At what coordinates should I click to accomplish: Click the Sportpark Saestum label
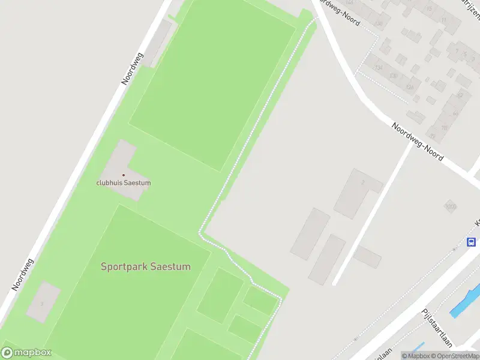146,266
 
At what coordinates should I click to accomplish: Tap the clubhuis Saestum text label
124,182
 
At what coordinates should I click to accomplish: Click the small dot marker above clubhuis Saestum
124,175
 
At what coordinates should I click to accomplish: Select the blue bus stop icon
472,242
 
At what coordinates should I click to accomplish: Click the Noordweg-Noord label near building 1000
418,143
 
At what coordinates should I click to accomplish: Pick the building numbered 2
362,182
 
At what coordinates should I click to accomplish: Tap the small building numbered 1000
450,207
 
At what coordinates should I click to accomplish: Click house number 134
379,67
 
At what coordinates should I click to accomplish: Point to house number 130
394,76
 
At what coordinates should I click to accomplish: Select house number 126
410,87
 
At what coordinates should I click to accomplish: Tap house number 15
429,9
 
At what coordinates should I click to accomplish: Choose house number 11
443,20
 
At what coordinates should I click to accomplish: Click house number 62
460,95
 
